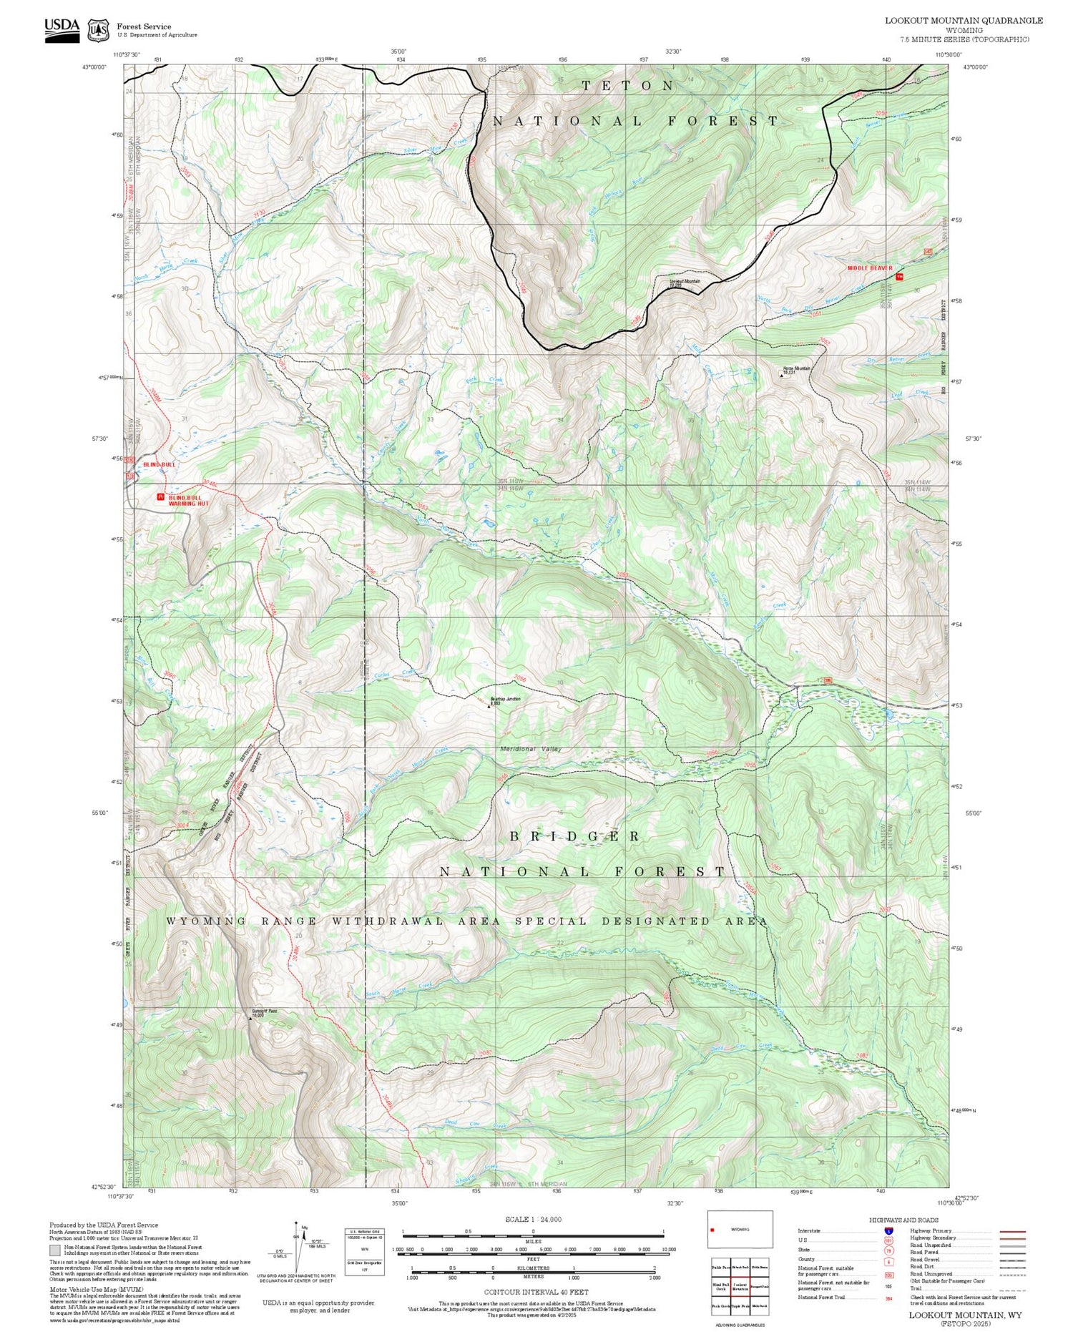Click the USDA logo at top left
tap(62, 29)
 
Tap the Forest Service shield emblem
tap(97, 30)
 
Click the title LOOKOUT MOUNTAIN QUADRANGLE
tap(964, 20)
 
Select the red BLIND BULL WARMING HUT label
tap(185, 500)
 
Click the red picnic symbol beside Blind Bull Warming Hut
tap(160, 496)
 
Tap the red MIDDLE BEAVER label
tap(870, 268)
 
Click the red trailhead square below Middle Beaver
tap(898, 276)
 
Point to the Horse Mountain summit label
tap(796, 370)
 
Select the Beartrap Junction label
tap(504, 700)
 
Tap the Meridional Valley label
tap(530, 749)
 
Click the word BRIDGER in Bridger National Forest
tap(574, 836)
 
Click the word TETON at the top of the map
tap(627, 86)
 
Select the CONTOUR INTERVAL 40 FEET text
tap(536, 1292)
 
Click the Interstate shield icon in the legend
tap(889, 1230)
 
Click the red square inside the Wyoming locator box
tap(713, 1230)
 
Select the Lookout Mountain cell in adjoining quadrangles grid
tap(740, 1286)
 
